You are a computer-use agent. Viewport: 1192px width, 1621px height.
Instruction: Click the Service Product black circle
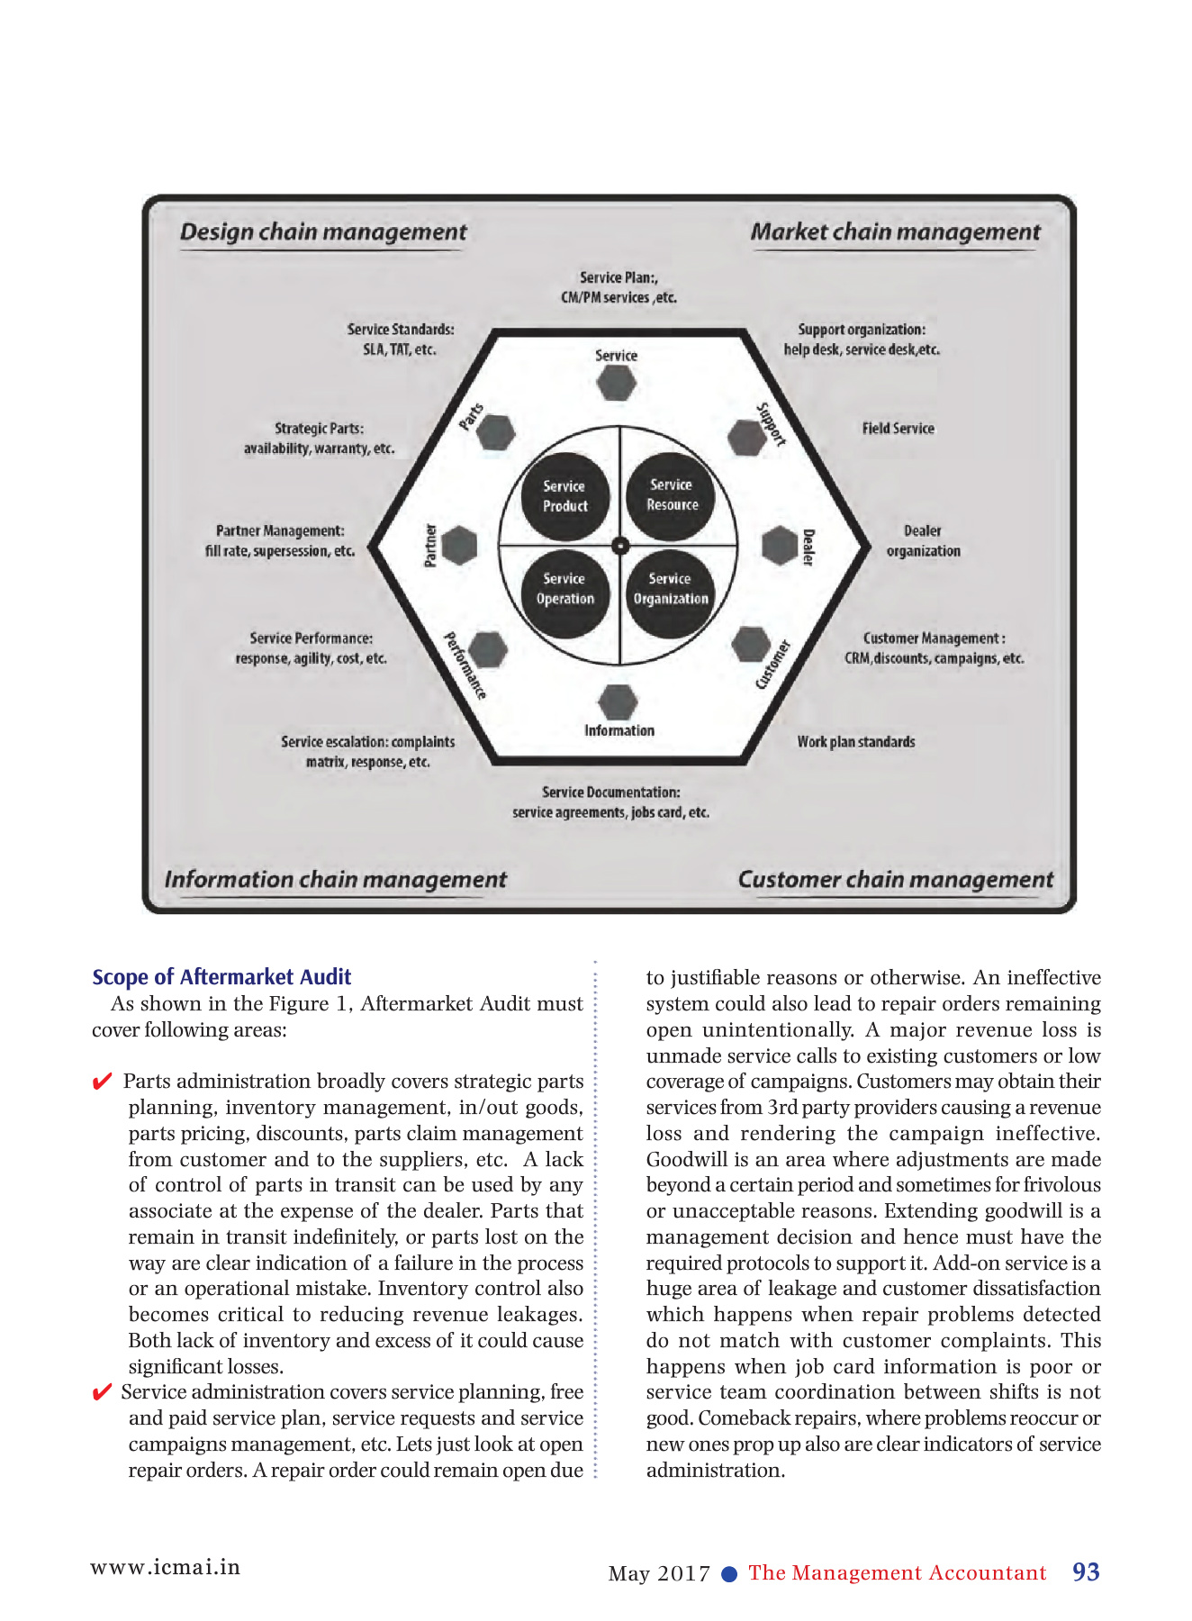click(565, 496)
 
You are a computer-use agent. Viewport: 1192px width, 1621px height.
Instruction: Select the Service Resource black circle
click(671, 495)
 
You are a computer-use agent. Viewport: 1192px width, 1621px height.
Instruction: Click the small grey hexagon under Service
click(617, 383)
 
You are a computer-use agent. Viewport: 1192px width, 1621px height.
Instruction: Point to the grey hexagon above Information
click(618, 702)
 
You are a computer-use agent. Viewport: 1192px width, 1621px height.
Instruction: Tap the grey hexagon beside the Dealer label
click(779, 546)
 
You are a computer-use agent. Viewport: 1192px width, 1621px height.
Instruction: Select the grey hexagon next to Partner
click(459, 545)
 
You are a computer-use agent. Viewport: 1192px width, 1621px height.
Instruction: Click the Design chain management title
click(323, 232)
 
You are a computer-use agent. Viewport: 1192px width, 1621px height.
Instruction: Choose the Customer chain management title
click(895, 880)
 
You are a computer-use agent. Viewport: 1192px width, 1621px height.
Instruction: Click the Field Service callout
click(898, 429)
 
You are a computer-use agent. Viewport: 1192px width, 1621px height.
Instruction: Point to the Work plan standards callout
click(855, 742)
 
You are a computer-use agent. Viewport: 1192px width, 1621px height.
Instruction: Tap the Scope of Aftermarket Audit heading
click(221, 977)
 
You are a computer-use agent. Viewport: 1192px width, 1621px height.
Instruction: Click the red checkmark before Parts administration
click(103, 1082)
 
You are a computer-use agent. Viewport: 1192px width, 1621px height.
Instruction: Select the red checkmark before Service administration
click(103, 1393)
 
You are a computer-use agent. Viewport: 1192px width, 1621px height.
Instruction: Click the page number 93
click(1086, 1572)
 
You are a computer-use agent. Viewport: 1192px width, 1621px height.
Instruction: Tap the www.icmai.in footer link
click(166, 1567)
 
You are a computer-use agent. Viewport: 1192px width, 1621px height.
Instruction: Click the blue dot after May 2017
click(730, 1574)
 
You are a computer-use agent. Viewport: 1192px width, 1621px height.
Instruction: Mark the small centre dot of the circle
click(619, 545)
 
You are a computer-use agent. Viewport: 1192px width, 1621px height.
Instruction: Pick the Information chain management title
click(335, 880)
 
